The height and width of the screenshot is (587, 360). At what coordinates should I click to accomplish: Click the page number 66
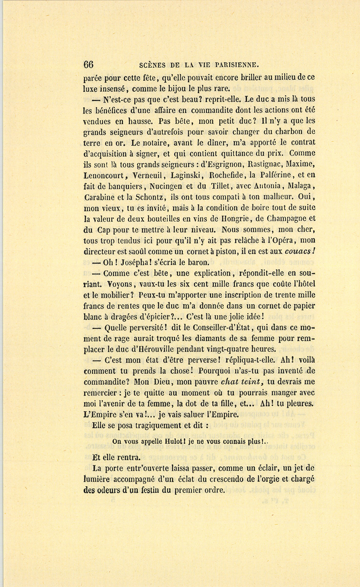click(88, 64)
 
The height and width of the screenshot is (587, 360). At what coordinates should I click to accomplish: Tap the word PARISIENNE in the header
click(238, 64)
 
